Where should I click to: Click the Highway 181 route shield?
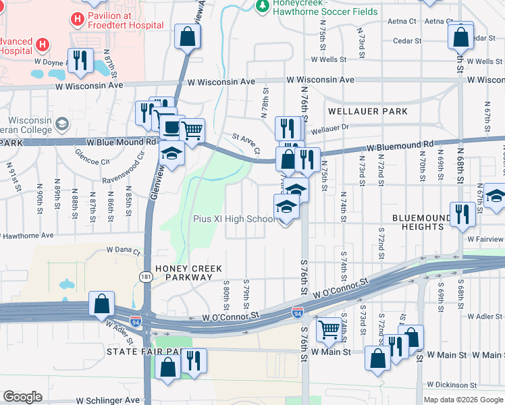point(146,276)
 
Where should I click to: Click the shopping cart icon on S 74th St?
point(329,330)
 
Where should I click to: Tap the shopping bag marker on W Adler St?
point(101,304)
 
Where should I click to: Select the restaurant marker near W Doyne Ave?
point(81,60)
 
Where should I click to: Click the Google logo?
point(23,397)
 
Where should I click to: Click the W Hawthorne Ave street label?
point(27,236)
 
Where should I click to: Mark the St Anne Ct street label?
point(246,142)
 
